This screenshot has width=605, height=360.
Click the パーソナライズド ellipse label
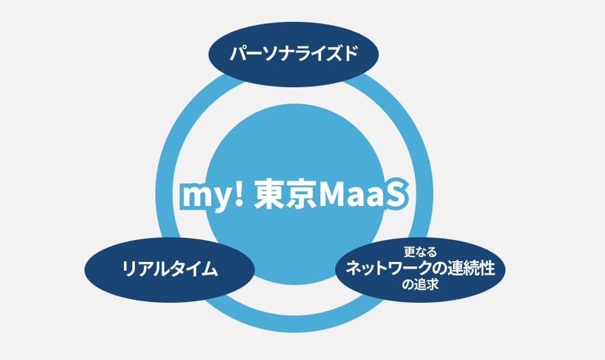294,53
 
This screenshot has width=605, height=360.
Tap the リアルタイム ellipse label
170,269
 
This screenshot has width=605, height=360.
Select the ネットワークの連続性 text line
420,268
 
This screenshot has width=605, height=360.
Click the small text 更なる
420,252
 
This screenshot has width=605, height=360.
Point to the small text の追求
420,285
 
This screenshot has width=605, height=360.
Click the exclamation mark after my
240,194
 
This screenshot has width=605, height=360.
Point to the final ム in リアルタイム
210,269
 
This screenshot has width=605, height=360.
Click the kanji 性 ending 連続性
487,268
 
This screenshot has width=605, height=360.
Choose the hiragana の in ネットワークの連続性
438,268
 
